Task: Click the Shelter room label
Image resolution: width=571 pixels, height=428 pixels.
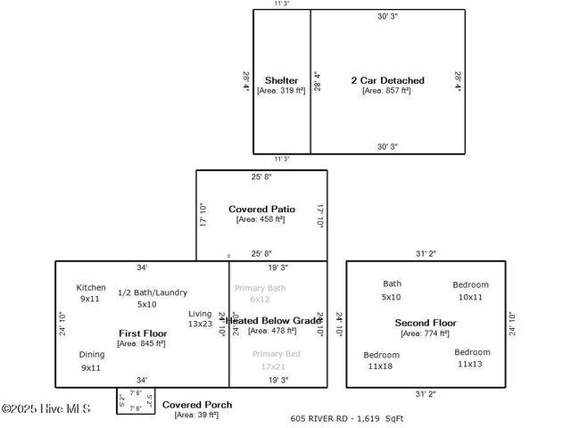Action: [x=281, y=80]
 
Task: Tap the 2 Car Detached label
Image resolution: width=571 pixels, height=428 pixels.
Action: [x=387, y=80]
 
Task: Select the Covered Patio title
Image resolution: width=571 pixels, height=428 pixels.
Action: [x=261, y=209]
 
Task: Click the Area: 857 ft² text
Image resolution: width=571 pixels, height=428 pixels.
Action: [x=386, y=90]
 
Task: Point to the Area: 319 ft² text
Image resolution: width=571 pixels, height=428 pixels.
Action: [x=281, y=90]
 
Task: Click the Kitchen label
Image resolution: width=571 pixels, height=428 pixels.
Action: [x=91, y=287]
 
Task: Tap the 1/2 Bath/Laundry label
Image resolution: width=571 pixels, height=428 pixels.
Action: [x=153, y=292]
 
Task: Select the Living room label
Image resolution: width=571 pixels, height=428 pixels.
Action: [x=200, y=314]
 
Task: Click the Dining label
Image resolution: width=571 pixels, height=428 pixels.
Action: [x=91, y=354]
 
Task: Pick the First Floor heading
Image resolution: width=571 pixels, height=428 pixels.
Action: [x=143, y=333]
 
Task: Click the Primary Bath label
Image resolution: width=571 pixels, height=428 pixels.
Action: [x=260, y=288]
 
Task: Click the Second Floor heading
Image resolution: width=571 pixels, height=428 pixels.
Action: [x=426, y=322]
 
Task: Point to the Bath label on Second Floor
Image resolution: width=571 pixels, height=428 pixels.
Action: [x=392, y=284]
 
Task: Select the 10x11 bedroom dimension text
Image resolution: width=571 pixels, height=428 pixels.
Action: [x=470, y=297]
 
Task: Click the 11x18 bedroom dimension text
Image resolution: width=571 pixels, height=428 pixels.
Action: [x=381, y=366]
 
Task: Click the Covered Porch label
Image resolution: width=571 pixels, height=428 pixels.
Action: [x=197, y=405]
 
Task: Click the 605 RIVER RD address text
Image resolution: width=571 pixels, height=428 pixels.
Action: [x=325, y=417]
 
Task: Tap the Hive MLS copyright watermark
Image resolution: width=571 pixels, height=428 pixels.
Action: [x=46, y=409]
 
